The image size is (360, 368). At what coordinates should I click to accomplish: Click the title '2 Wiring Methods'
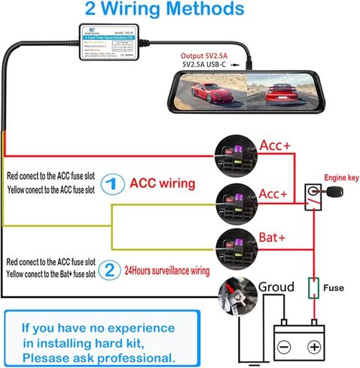pyautogui.click(x=174, y=10)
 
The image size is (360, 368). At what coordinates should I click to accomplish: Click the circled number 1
pyautogui.click(x=111, y=183)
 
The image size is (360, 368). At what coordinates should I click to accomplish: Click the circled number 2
pyautogui.click(x=111, y=269)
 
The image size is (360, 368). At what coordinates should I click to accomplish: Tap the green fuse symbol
pyautogui.click(x=311, y=290)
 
